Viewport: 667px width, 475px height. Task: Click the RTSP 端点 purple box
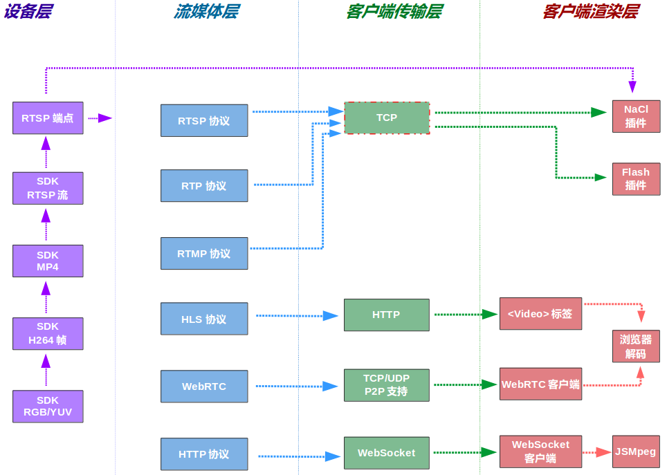pos(48,118)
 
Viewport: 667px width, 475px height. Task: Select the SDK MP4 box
pos(48,261)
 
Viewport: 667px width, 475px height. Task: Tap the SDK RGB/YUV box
pos(48,407)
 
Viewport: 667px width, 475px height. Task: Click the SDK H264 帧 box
pos(48,333)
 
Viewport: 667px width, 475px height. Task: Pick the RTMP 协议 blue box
pos(204,254)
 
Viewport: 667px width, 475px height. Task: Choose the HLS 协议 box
pos(204,319)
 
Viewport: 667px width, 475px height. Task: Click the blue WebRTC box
pos(204,386)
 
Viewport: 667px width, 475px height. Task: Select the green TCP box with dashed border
pos(387,118)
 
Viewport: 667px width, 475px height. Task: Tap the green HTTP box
pos(386,315)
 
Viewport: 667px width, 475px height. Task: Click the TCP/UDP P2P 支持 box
pos(386,385)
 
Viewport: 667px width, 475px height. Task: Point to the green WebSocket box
pos(386,453)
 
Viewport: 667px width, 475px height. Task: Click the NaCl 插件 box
pos(636,116)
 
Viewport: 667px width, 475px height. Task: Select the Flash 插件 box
pos(636,179)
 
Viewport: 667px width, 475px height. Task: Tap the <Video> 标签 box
pos(540,314)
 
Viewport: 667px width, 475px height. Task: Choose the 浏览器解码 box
pos(636,346)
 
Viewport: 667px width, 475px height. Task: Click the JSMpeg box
pos(636,451)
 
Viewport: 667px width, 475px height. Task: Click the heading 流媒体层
pos(206,12)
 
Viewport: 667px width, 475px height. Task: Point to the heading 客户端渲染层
pos(590,12)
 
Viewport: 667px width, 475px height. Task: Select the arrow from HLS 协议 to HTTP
pos(296,316)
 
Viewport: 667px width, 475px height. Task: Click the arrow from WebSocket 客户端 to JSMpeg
pos(597,453)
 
